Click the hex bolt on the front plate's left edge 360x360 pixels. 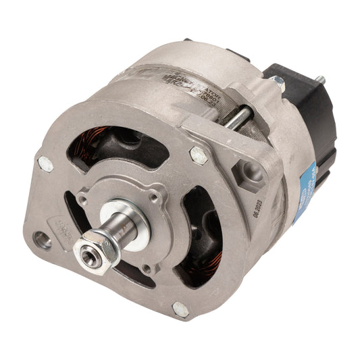(x=45, y=162)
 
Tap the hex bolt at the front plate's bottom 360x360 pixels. (x=180, y=309)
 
